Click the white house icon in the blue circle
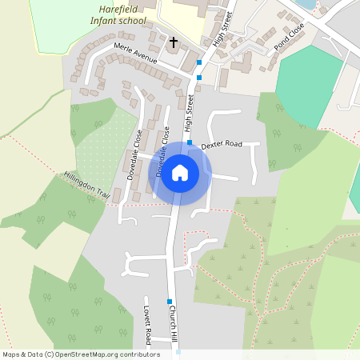point(180,172)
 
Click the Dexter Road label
point(221,146)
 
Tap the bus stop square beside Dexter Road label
point(190,143)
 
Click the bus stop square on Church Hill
point(170,302)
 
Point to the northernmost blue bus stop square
point(198,62)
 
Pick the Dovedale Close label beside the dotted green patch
point(133,154)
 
